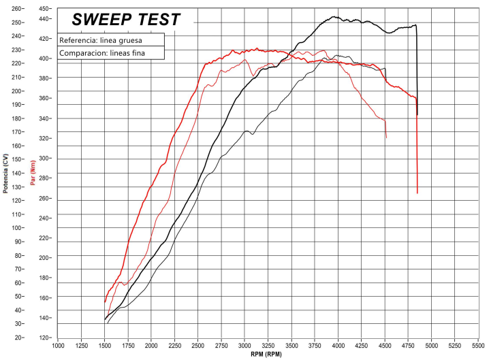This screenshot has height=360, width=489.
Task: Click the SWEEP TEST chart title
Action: point(127,20)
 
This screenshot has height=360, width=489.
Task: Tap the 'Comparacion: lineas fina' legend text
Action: point(101,52)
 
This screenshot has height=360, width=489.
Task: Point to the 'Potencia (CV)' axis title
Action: point(5,173)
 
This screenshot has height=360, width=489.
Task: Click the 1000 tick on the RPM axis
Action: point(58,346)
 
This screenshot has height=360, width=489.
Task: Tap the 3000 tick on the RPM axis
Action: point(245,346)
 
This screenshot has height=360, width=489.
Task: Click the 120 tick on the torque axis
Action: point(44,338)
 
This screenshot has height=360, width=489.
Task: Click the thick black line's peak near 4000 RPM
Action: point(336,17)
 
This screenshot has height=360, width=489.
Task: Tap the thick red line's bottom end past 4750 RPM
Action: point(417,193)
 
